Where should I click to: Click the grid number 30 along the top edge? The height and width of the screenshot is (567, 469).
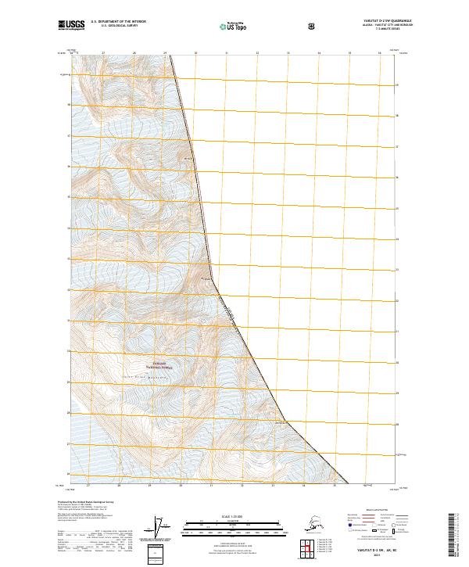[x=195, y=54]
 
